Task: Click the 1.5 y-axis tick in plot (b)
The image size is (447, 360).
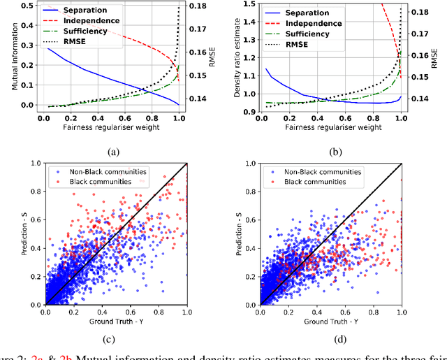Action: (247, 3)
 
